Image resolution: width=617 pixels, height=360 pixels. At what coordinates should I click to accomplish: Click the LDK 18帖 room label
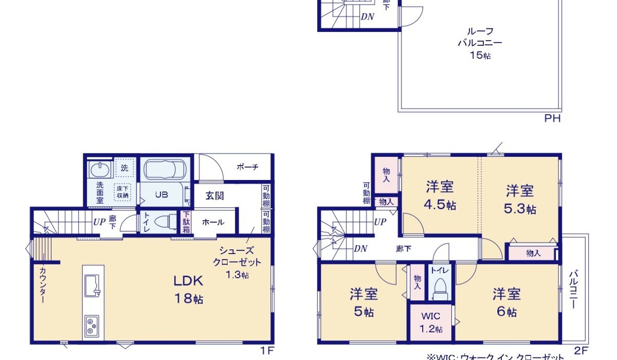(188, 290)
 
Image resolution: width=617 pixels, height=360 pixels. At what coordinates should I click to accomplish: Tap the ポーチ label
(247, 167)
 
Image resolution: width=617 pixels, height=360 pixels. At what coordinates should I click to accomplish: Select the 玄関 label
(215, 195)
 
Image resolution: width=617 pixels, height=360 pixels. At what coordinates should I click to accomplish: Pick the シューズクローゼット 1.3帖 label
(237, 262)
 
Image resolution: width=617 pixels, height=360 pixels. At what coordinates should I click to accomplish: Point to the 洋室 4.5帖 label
(440, 195)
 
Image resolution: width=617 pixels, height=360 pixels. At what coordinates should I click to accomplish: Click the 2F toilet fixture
(439, 288)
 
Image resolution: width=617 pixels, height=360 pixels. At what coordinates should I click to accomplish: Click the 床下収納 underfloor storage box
(123, 192)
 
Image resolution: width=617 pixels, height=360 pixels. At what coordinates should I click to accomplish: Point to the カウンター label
(42, 285)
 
